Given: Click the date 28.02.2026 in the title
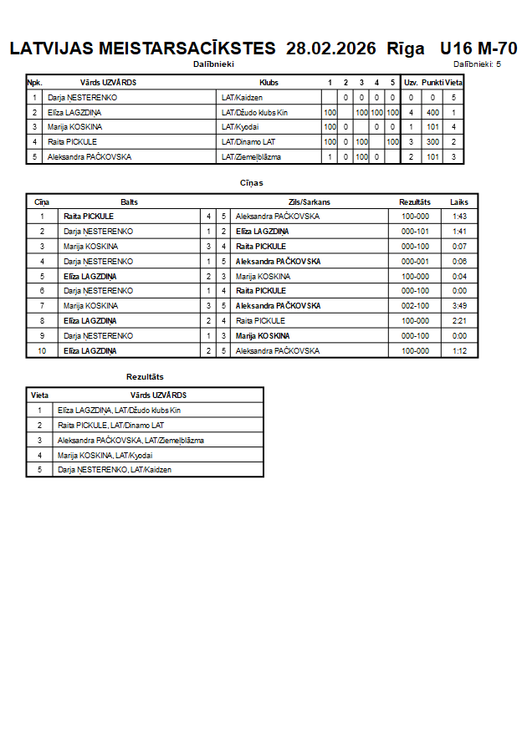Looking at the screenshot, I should [x=331, y=48].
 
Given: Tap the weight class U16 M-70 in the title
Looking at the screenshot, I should [x=478, y=48].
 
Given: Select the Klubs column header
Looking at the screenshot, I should [x=269, y=83].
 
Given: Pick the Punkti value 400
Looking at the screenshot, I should [x=432, y=112].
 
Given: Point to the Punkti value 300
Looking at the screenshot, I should [x=432, y=142].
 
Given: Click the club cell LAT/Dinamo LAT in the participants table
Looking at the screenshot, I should [x=248, y=142].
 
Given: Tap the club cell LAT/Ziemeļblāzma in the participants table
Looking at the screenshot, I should [x=251, y=156].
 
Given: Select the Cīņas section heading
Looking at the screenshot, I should [x=252, y=182].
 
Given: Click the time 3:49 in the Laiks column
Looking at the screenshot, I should [x=459, y=306].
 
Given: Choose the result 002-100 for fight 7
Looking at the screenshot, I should [x=415, y=306].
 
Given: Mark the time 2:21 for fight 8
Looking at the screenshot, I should [x=459, y=321].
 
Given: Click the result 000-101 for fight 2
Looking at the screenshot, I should [x=415, y=231].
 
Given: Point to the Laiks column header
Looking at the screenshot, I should [x=459, y=202].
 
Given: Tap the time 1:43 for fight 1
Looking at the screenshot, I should [x=459, y=216].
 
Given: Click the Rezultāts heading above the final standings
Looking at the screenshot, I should [x=145, y=377].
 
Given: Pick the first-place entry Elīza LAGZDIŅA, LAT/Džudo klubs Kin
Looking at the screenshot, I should [x=119, y=411].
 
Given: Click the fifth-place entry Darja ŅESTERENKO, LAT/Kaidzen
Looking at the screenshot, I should [x=115, y=470].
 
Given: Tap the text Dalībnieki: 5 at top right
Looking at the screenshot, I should [x=477, y=64].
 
